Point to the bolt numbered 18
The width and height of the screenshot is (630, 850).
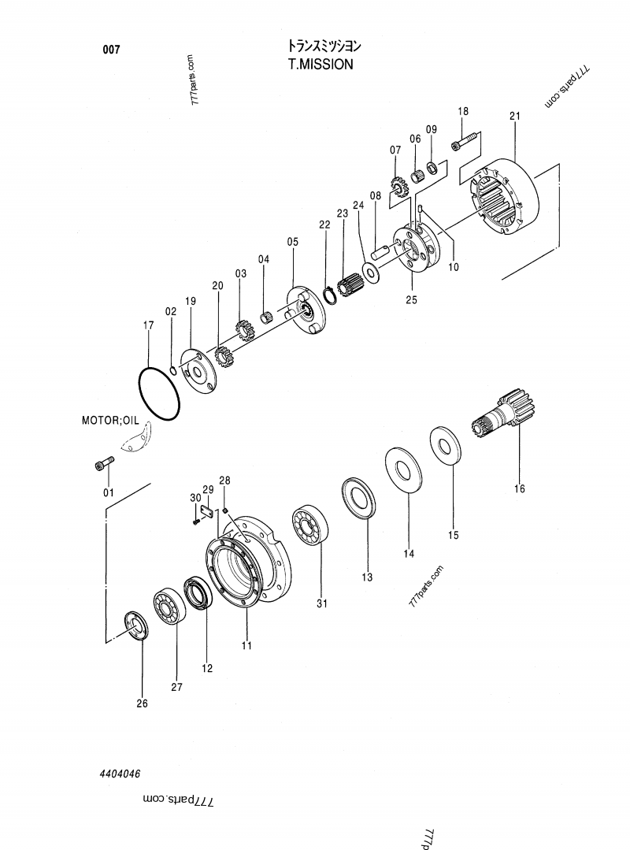pyautogui.click(x=466, y=143)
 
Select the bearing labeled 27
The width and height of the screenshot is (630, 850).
pyautogui.click(x=169, y=604)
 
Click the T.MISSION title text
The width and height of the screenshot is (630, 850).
pyautogui.click(x=321, y=64)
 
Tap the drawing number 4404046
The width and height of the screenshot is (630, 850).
pyautogui.click(x=120, y=775)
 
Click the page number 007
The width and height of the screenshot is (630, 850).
pyautogui.click(x=111, y=50)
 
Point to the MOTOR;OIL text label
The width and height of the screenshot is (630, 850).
pyautogui.click(x=109, y=421)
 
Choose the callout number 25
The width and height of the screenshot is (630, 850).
pyautogui.click(x=412, y=299)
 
